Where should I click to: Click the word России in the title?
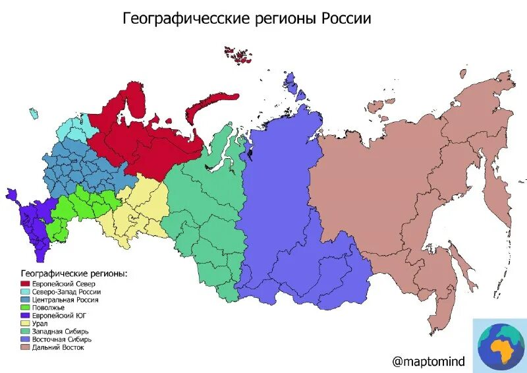[x=346, y=18]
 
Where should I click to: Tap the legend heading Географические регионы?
[x=74, y=273]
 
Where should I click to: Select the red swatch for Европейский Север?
[x=25, y=283]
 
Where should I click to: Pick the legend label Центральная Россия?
[x=65, y=299]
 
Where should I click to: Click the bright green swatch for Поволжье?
[x=25, y=307]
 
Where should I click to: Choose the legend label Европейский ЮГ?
[x=60, y=315]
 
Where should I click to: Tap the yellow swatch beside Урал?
[x=25, y=323]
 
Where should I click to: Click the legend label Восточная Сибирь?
[x=63, y=339]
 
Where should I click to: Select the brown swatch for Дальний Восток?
[x=25, y=347]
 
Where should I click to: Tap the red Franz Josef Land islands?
[x=238, y=54]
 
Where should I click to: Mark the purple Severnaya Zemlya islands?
[x=294, y=86]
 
